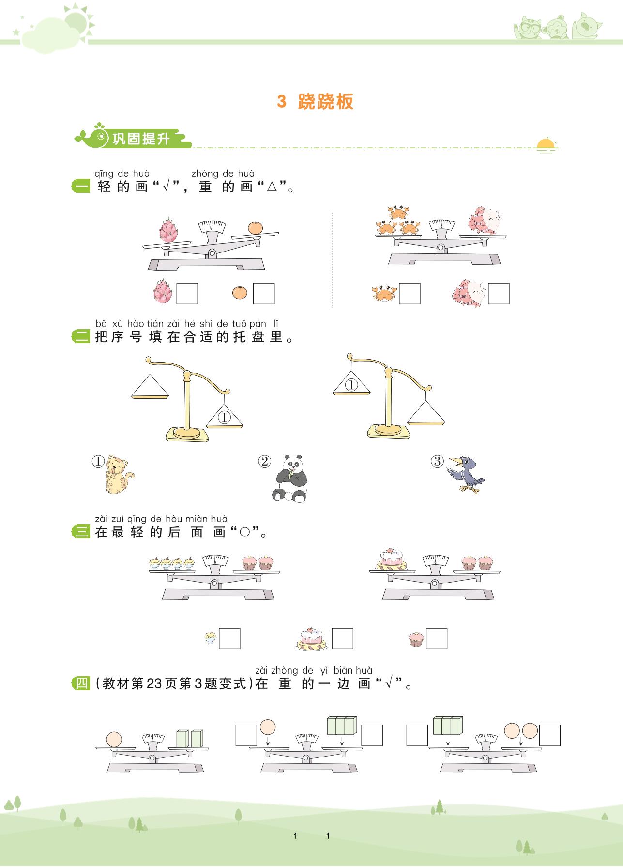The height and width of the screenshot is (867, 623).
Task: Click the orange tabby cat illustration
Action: [x=119, y=474]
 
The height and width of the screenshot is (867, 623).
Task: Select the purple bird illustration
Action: [x=466, y=474]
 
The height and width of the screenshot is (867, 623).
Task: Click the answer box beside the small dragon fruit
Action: [x=187, y=294]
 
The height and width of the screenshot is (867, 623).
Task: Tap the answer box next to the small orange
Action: [x=264, y=294]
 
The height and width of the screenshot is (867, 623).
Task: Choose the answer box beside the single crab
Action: [x=410, y=294]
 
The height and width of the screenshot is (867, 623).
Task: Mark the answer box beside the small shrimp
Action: [x=499, y=294]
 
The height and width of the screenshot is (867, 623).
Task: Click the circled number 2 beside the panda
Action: [x=264, y=461]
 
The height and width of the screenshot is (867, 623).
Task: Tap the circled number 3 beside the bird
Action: [x=437, y=461]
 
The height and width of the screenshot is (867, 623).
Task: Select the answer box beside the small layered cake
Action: [x=342, y=639]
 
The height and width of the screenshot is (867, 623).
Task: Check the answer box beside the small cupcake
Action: [x=436, y=639]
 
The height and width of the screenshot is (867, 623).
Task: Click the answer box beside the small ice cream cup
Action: [x=229, y=639]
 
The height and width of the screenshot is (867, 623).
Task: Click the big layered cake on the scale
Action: [x=391, y=559]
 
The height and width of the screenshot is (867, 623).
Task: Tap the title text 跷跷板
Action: [x=326, y=101]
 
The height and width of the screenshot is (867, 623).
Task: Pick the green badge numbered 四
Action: [x=80, y=683]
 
